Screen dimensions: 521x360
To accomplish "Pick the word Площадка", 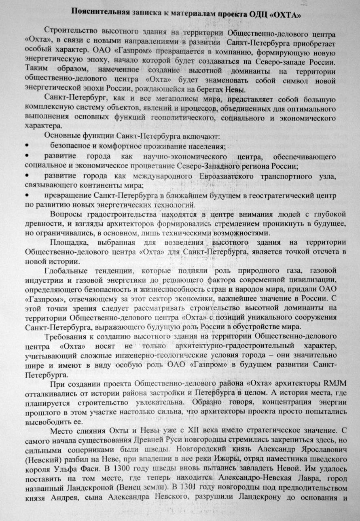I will [68, 242].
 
